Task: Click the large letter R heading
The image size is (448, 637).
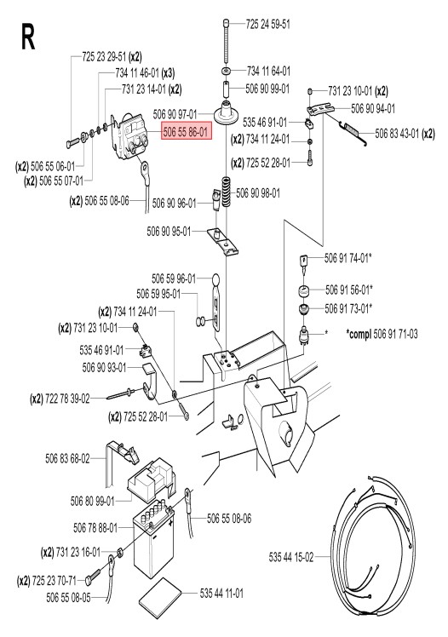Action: click(28, 37)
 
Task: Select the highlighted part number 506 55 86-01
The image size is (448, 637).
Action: click(187, 132)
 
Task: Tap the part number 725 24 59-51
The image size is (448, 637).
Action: click(268, 24)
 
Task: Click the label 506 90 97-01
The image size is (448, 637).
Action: click(175, 114)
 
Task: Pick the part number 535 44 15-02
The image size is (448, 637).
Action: click(291, 557)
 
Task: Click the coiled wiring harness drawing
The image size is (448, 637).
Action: click(372, 544)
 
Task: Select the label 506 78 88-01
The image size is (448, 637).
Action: click(95, 528)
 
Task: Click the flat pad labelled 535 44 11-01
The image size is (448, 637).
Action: click(160, 598)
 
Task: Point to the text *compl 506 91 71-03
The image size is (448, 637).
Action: click(382, 334)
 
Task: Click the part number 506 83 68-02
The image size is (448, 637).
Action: click(67, 459)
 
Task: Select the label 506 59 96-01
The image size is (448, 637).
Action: click(174, 278)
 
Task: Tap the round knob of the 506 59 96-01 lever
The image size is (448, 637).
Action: click(215, 279)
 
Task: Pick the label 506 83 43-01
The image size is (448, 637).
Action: click(397, 133)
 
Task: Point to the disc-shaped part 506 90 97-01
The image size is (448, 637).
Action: click(226, 114)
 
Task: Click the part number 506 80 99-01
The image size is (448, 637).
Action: click(93, 501)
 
